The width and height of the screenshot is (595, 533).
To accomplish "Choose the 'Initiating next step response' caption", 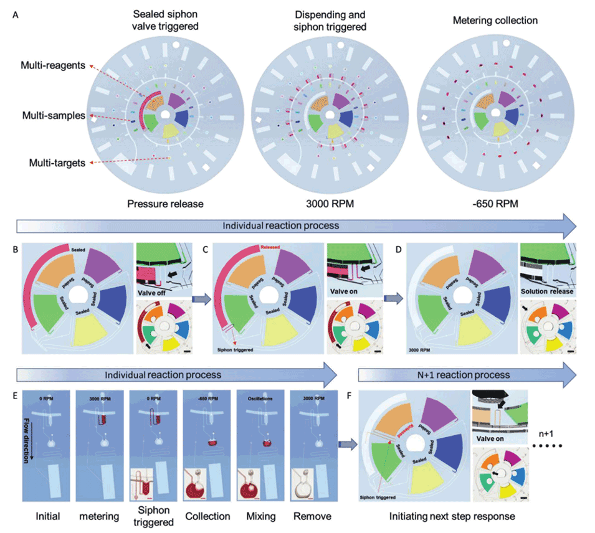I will tap(452, 516).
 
